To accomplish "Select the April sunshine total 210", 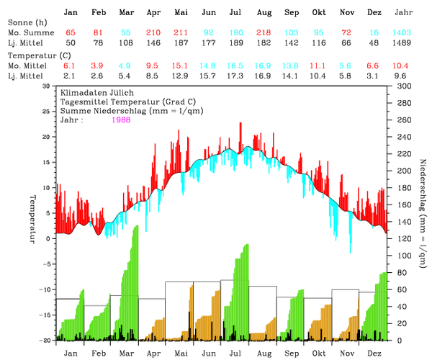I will (x=153, y=34).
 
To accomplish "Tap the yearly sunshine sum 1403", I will (x=402, y=34).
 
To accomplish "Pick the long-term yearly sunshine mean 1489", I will (x=402, y=44).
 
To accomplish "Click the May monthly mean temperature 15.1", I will (x=181, y=65).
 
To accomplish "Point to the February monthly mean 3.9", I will (x=98, y=65).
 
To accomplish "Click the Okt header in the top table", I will (x=319, y=13).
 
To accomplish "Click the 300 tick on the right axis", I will (x=401, y=86).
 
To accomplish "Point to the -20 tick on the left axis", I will (x=44, y=340).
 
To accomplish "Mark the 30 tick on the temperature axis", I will (x=47, y=86).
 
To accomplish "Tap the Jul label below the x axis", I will (x=235, y=354).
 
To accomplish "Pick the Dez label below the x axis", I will (x=374, y=354).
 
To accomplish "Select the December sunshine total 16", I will (x=374, y=34).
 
